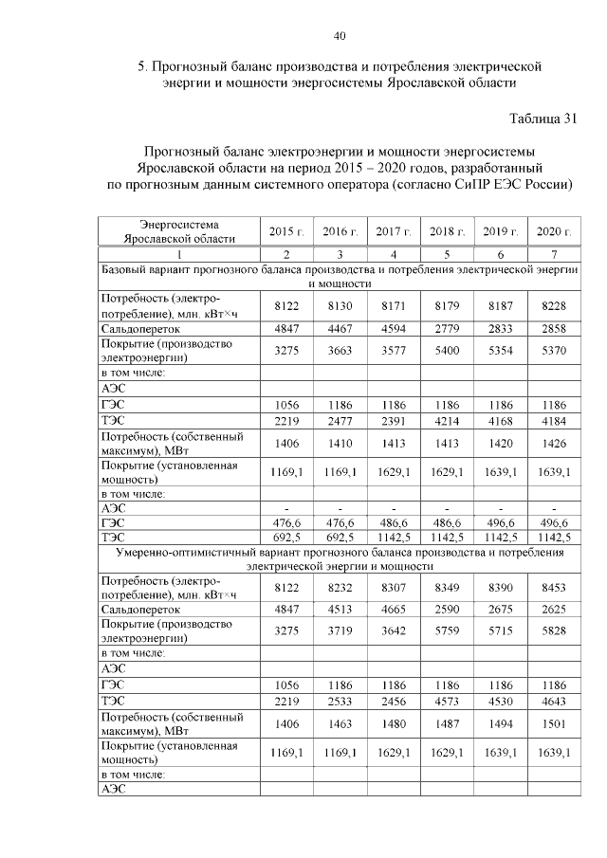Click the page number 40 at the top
(x=340, y=36)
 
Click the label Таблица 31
(x=543, y=118)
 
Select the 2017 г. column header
(x=393, y=232)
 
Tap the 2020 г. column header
(x=554, y=232)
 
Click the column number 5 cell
(x=446, y=255)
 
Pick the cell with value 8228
(x=554, y=305)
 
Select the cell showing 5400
(x=446, y=351)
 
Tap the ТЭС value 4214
(x=446, y=420)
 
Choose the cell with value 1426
(x=554, y=443)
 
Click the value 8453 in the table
(x=554, y=588)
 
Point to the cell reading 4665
(x=393, y=611)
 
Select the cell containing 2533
(x=340, y=703)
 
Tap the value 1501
(x=554, y=725)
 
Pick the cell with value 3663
(x=340, y=351)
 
